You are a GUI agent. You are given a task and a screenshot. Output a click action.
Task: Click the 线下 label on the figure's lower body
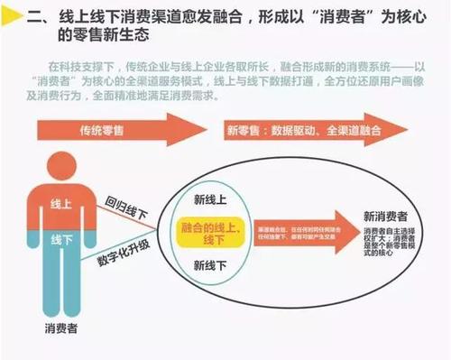pyautogui.click(x=61, y=240)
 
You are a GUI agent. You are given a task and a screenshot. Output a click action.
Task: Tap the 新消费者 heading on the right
pyautogui.click(x=384, y=217)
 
